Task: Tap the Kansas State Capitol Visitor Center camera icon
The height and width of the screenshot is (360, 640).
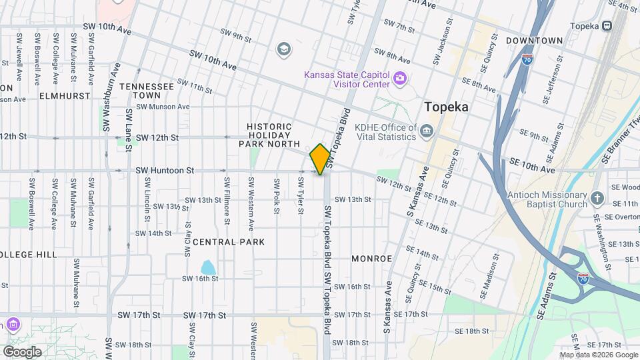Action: click(x=400, y=79)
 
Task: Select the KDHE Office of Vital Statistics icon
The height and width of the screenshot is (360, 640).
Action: click(x=427, y=129)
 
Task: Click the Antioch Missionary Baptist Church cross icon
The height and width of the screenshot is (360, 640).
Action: click(x=597, y=198)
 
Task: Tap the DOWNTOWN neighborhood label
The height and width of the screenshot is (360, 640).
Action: click(x=534, y=41)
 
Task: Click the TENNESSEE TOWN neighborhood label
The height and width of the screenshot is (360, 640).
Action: click(x=147, y=91)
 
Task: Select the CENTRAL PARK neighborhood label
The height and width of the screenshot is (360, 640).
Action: click(x=229, y=242)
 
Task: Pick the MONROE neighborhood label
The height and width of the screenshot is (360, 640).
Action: click(x=371, y=258)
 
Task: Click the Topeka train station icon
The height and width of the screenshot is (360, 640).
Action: click(x=607, y=25)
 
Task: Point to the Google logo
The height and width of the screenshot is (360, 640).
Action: click(x=22, y=351)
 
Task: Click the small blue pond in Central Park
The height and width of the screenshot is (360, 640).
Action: click(x=208, y=268)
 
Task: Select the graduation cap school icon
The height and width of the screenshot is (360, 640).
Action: click(x=284, y=49)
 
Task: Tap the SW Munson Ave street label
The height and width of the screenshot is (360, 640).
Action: click(x=163, y=107)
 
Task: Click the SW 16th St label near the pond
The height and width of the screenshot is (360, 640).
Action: click(x=201, y=278)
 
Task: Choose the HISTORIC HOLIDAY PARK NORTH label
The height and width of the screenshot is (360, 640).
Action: click(x=269, y=134)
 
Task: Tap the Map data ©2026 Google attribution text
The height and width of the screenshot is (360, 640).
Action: click(x=597, y=355)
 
